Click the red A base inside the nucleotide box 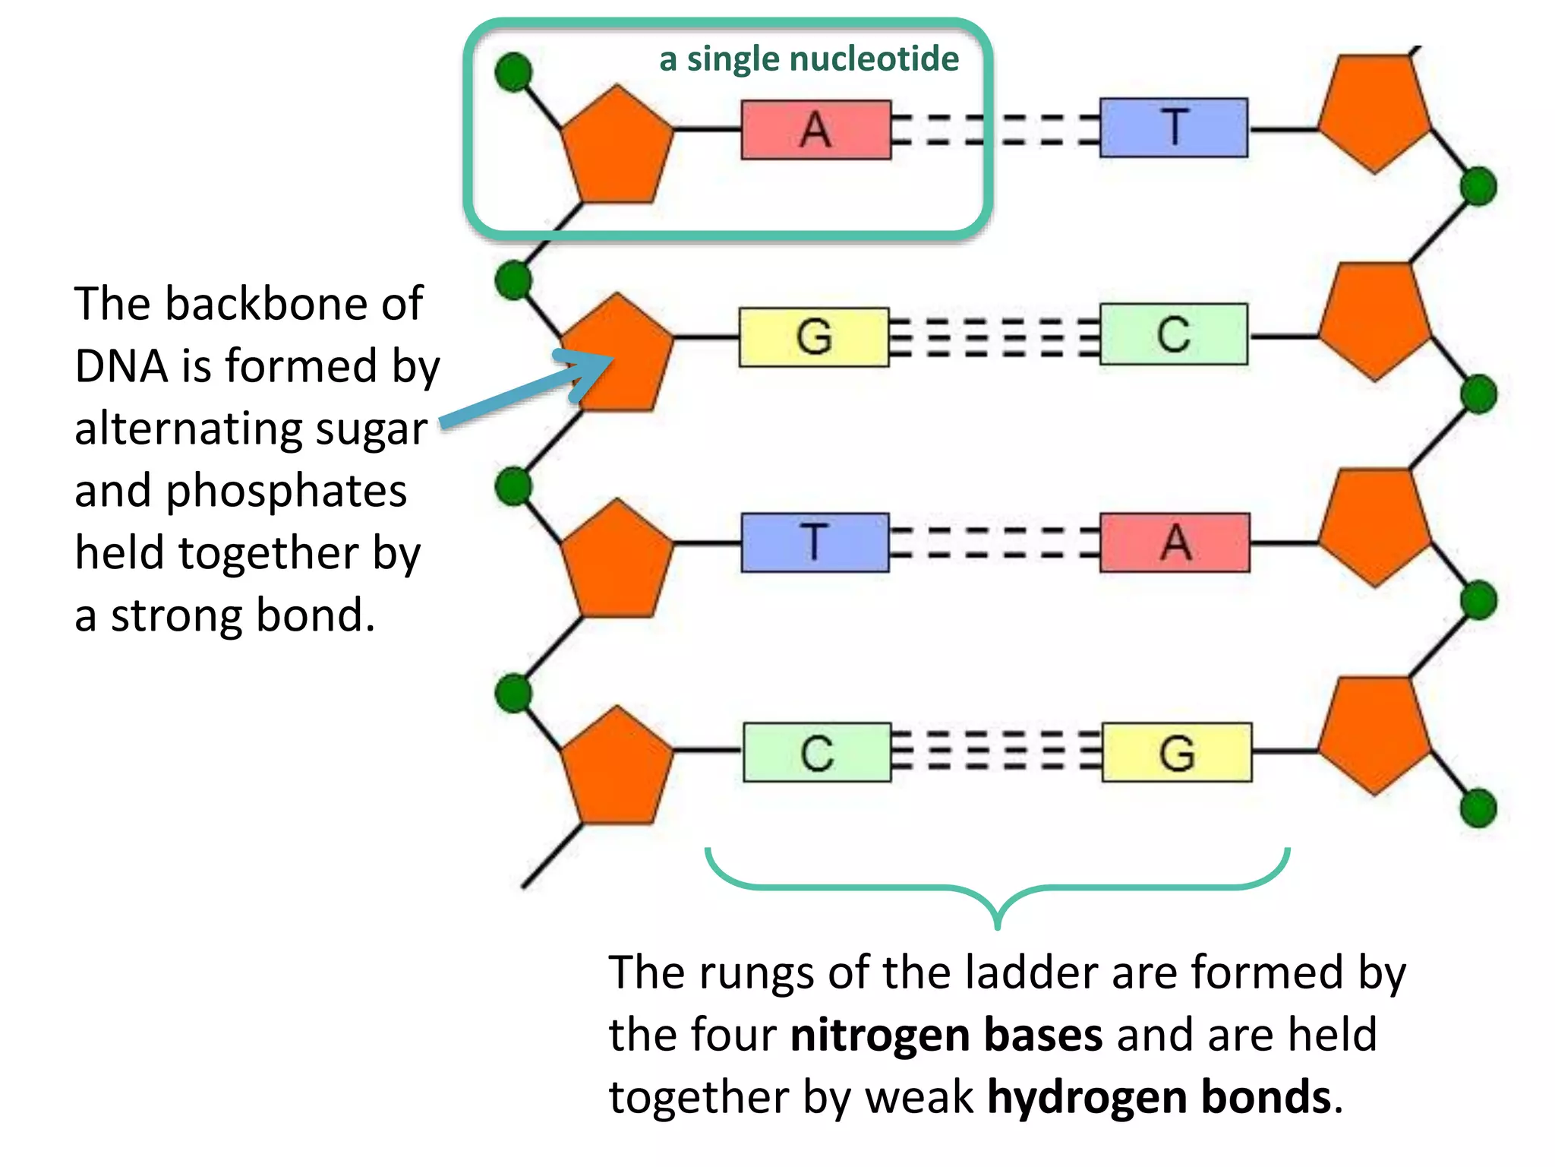click(815, 130)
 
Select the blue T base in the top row click(1173, 128)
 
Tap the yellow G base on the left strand click(814, 337)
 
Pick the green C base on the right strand click(1173, 334)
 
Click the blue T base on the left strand click(815, 542)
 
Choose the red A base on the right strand click(1175, 542)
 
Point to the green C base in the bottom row click(817, 752)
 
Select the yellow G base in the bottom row click(1176, 752)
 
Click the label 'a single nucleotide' click(809, 59)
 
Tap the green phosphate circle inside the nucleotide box click(513, 72)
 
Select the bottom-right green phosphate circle click(1478, 808)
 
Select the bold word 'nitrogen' click(879, 1035)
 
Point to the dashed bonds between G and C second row click(994, 337)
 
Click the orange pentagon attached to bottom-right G click(1374, 735)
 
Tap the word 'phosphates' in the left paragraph click(285, 492)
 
